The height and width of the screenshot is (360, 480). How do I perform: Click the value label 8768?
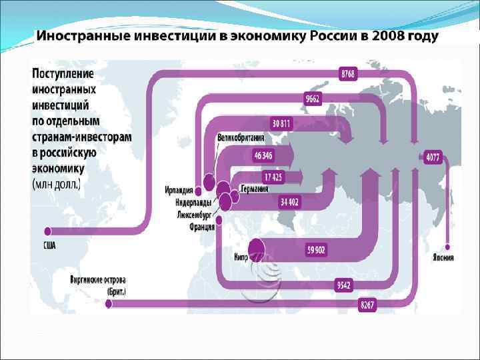point(348,74)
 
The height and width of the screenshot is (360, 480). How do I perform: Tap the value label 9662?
point(313,99)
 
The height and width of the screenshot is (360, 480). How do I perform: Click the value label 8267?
point(367,305)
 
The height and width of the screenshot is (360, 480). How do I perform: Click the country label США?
point(49,246)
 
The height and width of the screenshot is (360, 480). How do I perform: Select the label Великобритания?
point(241,138)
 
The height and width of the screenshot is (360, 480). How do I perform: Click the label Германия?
point(255,189)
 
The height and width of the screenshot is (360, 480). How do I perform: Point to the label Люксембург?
point(196,215)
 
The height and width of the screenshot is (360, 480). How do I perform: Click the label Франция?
point(201,227)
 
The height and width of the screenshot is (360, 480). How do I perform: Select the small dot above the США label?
point(49,232)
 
